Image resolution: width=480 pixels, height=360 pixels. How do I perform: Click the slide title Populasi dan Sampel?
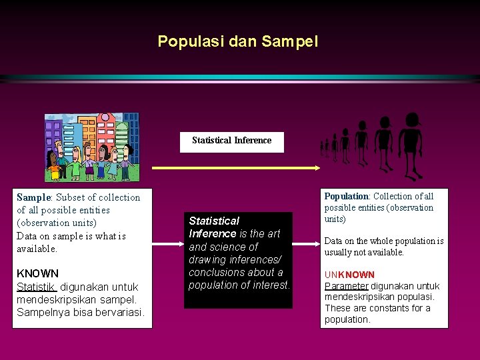238,41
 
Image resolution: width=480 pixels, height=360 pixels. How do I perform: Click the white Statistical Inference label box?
231,141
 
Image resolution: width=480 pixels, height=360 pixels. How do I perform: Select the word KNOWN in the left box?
37,273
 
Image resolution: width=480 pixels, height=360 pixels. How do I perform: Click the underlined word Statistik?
37,287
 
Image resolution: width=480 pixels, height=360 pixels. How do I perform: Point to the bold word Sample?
33,197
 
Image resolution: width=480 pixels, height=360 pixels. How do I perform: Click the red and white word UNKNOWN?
349,275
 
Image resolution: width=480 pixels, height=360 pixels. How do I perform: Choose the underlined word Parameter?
346,286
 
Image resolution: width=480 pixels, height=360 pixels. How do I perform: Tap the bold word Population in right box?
346,197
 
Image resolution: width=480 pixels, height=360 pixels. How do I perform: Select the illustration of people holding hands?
91,147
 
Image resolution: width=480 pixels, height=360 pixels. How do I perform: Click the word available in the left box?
37,249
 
